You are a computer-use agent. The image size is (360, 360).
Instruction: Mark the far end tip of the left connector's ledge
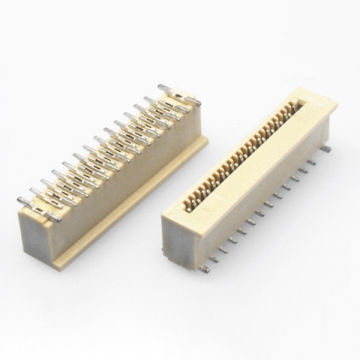(204, 140)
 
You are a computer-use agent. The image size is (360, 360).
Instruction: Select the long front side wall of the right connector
(265, 210)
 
